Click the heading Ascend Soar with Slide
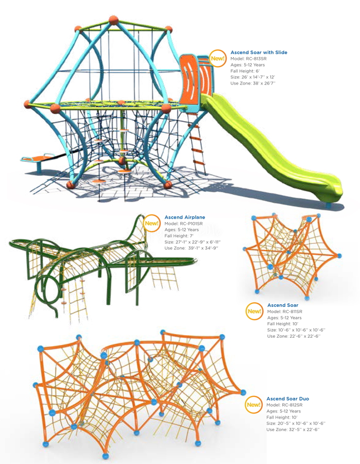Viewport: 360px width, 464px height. (259, 53)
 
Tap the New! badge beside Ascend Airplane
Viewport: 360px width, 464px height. (151, 223)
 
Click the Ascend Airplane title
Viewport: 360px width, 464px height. (185, 217)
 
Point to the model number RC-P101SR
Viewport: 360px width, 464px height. (192, 223)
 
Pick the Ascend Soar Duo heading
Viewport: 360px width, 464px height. (287, 399)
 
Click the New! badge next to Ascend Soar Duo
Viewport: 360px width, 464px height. (253, 405)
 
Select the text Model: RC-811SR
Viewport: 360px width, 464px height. (285, 311)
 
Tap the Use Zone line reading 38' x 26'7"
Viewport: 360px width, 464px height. (253, 83)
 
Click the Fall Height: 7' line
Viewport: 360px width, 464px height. (179, 236)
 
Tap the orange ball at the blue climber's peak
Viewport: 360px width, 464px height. (113, 20)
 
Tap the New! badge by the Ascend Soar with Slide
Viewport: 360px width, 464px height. (217, 58)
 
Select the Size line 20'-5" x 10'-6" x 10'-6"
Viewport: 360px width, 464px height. (296, 423)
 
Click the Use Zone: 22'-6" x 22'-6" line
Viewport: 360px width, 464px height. (294, 336)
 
